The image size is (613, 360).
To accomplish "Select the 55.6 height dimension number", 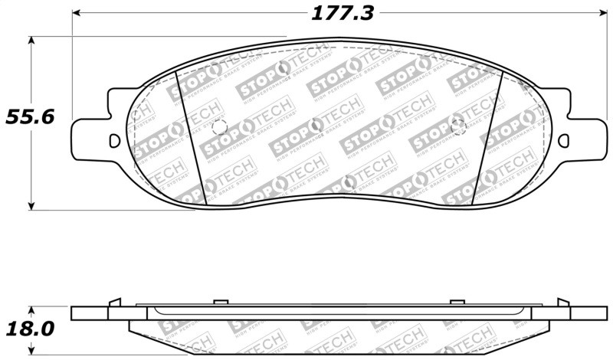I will [x=28, y=119].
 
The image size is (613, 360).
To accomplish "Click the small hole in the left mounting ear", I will [x=115, y=141].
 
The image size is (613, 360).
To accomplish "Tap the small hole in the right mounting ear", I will [x=565, y=141].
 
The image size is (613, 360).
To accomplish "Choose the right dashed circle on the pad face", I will [x=460, y=127].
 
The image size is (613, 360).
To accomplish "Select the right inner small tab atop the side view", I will [x=461, y=300].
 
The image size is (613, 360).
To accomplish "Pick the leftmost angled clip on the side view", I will [x=116, y=302].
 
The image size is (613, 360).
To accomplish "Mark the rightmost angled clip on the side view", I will [x=564, y=302].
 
